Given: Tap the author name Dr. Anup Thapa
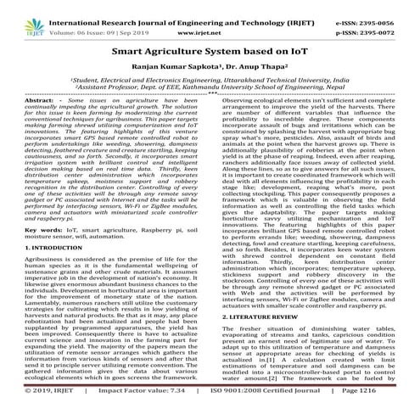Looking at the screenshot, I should click(x=246, y=68).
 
